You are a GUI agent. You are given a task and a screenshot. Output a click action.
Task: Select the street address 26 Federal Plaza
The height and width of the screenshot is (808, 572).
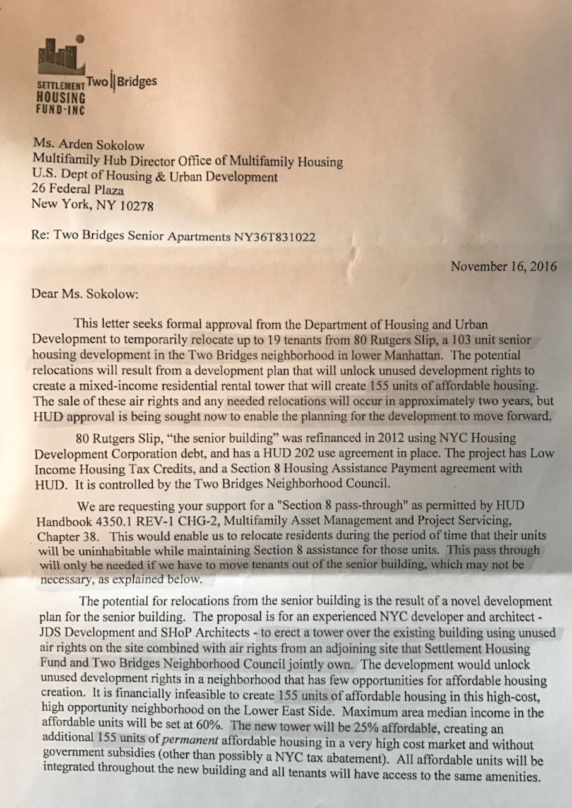point(78,190)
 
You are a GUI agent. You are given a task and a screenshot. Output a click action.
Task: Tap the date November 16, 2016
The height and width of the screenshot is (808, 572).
point(503,266)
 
